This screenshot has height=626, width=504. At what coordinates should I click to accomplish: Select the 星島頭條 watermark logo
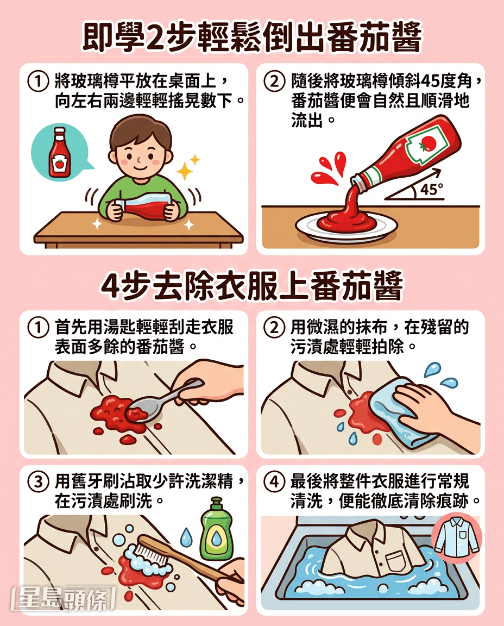[64, 598]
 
